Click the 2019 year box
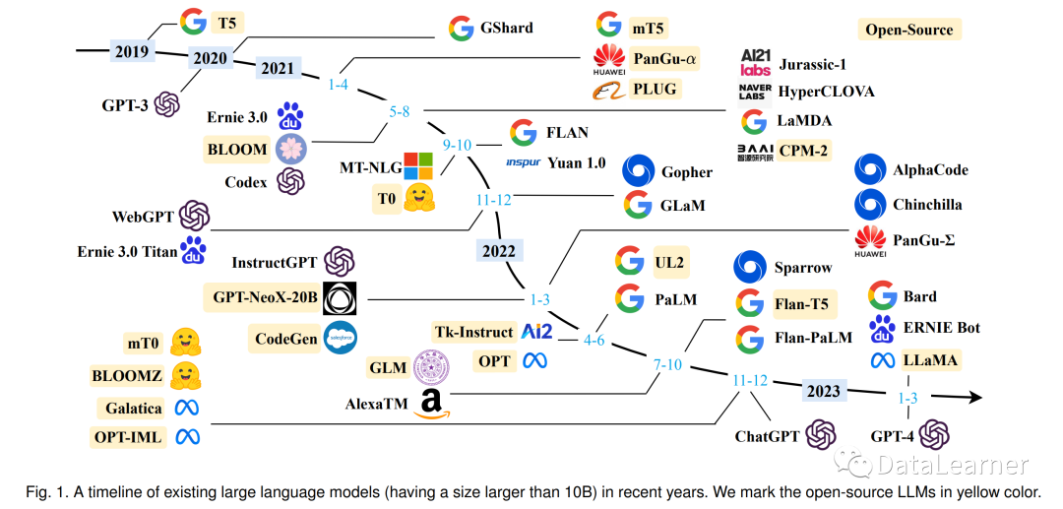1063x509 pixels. click(131, 50)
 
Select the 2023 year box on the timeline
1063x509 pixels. click(824, 391)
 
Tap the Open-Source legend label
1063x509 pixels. click(908, 30)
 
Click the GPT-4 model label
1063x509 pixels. click(894, 433)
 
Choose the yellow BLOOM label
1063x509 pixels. click(236, 150)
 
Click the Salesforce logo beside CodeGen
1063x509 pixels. click(340, 338)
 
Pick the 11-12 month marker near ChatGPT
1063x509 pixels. click(749, 380)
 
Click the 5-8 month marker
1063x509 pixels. click(399, 112)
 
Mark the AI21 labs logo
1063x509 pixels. click(755, 63)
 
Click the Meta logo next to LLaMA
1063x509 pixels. click(882, 360)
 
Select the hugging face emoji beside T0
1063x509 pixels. click(420, 196)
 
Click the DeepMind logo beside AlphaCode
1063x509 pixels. click(871, 169)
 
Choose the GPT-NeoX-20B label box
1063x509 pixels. click(263, 296)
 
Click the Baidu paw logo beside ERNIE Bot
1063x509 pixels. click(882, 328)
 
